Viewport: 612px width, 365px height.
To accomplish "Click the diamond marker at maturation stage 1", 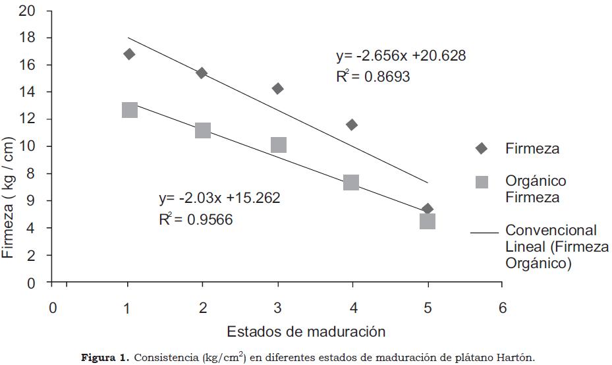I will click(129, 54).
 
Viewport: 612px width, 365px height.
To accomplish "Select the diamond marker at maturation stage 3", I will click(277, 88).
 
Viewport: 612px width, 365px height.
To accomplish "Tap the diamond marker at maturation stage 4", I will click(352, 125).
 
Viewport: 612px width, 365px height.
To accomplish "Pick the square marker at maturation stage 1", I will click(129, 109).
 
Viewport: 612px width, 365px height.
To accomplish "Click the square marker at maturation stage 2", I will click(203, 130).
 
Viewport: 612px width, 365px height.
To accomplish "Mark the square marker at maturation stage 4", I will click(351, 182).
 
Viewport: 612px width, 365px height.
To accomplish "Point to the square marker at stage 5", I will click(428, 221).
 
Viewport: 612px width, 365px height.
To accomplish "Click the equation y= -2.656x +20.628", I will click(401, 56).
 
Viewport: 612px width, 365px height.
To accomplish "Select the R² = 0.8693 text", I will click(373, 76).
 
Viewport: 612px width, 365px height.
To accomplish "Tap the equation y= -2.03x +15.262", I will click(219, 198).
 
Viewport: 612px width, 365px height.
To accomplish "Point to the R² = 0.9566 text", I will click(196, 219).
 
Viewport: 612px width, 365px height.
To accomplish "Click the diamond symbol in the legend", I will click(482, 149).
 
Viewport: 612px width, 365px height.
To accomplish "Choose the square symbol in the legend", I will click(482, 182).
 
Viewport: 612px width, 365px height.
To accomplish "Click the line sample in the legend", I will click(484, 233).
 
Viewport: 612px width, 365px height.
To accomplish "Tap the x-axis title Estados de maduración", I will click(306, 330).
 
